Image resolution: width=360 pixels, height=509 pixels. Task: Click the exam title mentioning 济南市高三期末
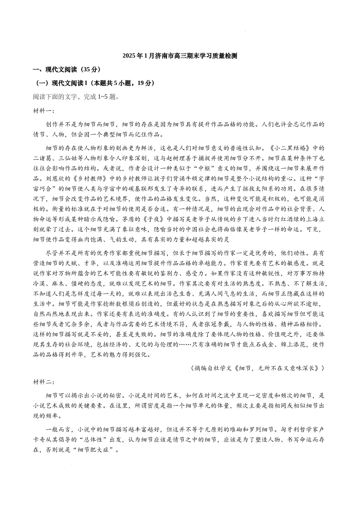180,56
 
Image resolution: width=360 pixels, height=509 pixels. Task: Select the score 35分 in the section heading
91,69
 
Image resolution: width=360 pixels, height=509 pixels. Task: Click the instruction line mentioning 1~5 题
76,97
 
